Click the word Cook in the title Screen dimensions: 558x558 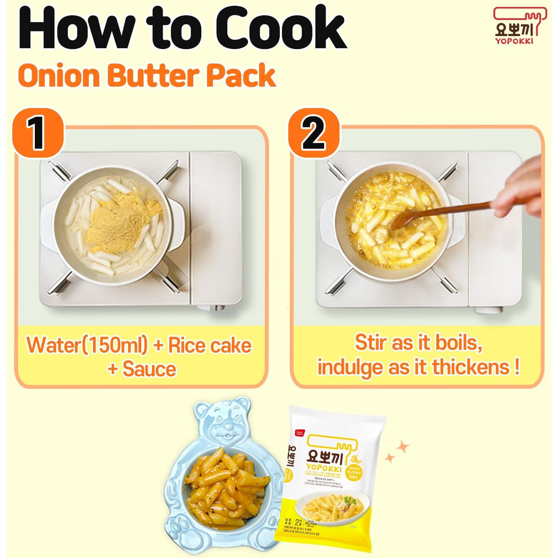click(x=281, y=29)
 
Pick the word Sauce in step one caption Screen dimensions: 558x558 click(x=149, y=369)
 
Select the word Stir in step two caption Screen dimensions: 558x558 click(x=371, y=342)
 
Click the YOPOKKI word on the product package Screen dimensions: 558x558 click(x=324, y=468)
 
